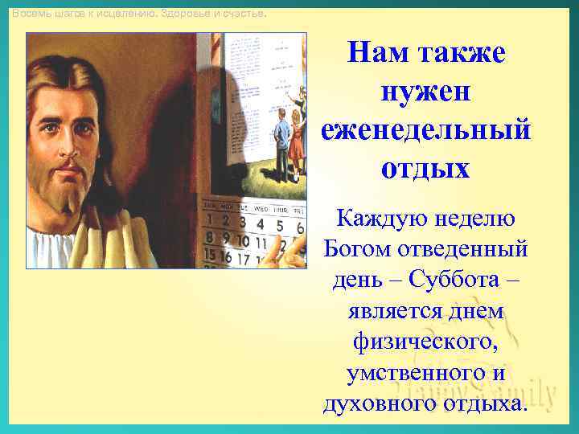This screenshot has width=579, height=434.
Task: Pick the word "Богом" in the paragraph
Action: [x=357, y=248]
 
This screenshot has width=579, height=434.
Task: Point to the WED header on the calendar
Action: [x=261, y=207]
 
